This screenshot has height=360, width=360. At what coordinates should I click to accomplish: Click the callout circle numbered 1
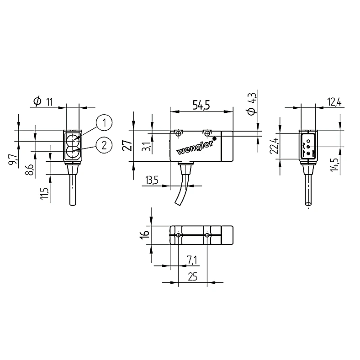click(x=104, y=122)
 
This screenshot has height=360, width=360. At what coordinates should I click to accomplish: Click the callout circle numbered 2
click(x=104, y=145)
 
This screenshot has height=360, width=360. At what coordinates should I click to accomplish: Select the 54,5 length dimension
click(x=201, y=105)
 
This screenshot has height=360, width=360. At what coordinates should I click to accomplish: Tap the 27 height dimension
click(x=127, y=144)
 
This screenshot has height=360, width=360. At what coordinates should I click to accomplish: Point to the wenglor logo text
click(x=195, y=148)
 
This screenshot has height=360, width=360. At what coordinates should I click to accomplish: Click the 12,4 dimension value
click(x=334, y=102)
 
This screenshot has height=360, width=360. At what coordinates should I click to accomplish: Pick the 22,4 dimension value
click(x=275, y=146)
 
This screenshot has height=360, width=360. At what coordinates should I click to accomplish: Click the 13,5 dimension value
click(x=152, y=180)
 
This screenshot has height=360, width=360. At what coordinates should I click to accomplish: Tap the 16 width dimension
click(x=144, y=234)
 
